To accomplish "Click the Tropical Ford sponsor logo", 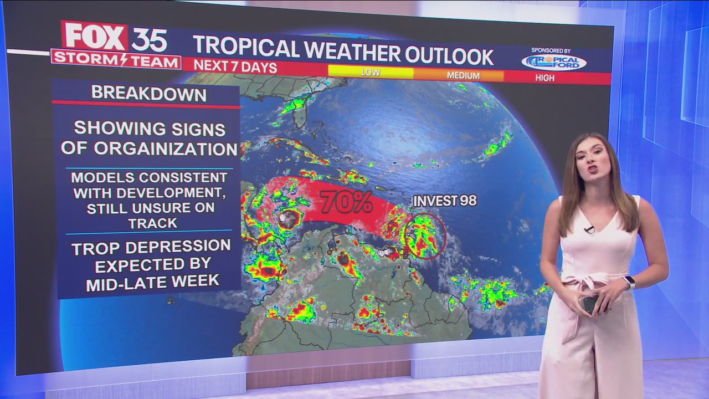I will click(553, 62).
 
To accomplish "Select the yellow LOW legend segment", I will click(371, 73).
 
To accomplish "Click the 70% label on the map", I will click(347, 202).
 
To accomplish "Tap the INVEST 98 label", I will click(445, 201).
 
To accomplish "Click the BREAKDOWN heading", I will click(148, 93).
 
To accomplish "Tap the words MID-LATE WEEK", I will click(152, 282).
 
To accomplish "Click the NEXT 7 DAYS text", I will click(235, 66).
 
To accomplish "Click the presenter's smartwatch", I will click(628, 283).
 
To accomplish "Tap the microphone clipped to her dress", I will click(588, 229).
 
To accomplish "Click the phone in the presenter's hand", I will click(590, 304).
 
